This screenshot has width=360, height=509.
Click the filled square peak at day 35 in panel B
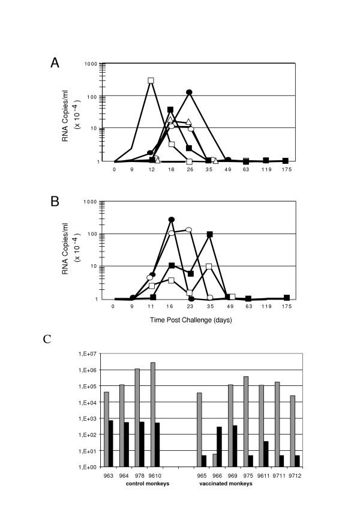pyautogui.click(x=209, y=235)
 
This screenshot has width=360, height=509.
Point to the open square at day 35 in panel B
pyautogui.click(x=209, y=266)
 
